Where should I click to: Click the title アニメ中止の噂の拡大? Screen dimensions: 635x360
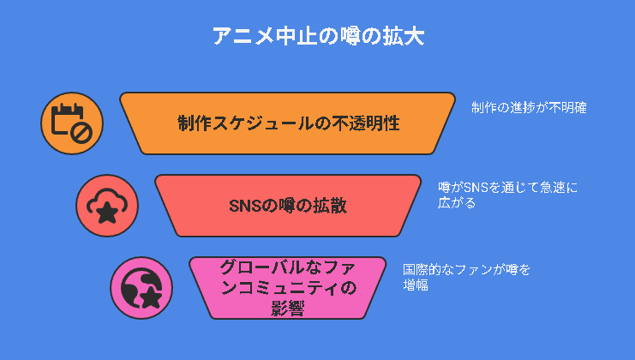click(318, 37)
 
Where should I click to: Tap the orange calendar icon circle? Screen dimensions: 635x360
click(72, 123)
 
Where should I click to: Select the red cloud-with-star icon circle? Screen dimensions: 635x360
click(107, 206)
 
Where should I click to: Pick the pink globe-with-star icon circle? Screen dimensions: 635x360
click(141, 288)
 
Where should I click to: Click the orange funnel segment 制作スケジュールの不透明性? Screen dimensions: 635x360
click(288, 123)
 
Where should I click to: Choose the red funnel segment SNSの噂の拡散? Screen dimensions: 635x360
click(288, 206)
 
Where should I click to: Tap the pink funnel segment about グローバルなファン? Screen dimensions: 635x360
click(288, 288)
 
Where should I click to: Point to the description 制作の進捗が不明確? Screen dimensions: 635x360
click(529, 108)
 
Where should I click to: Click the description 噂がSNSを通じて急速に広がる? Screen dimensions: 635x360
click(507, 195)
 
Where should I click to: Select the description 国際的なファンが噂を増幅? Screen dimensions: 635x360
click(466, 278)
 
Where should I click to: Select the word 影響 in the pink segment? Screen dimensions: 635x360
click(288, 309)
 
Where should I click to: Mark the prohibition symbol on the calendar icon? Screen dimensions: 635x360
click(81, 133)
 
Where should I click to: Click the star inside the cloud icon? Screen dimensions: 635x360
click(107, 213)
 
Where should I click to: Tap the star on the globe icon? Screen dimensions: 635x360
click(151, 297)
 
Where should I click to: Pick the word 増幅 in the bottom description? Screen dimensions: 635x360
click(416, 285)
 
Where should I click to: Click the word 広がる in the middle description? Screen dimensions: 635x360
click(457, 203)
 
